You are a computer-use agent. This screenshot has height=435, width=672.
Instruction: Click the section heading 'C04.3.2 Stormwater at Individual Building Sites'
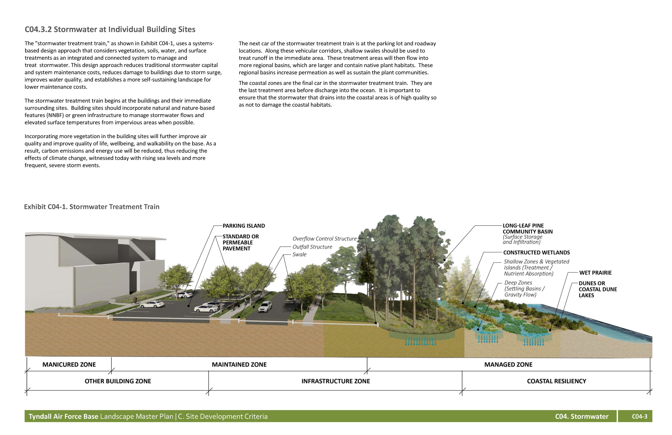coord(110,29)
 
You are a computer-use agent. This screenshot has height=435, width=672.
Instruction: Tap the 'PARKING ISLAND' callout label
coord(244,226)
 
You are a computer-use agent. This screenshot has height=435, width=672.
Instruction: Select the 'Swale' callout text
coord(299,255)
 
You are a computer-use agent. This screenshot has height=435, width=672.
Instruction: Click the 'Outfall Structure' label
coord(312,247)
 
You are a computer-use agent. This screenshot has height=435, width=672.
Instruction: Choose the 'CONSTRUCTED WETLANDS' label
coord(536,253)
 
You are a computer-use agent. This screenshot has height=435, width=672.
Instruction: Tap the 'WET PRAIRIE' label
coord(595,273)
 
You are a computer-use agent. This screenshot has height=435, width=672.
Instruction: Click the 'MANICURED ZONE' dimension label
coord(69,365)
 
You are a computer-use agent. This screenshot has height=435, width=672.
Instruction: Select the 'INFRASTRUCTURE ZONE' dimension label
coord(336,381)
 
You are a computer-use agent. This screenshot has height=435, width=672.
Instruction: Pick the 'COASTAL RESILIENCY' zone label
coord(557,381)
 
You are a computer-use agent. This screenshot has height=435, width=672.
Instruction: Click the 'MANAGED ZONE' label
coord(508,365)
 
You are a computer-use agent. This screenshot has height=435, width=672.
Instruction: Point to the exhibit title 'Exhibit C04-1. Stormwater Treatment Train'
coord(92,207)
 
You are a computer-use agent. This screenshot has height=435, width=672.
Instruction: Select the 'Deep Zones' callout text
coord(518,283)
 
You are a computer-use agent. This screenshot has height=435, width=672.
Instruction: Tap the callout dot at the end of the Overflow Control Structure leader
coord(376,323)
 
